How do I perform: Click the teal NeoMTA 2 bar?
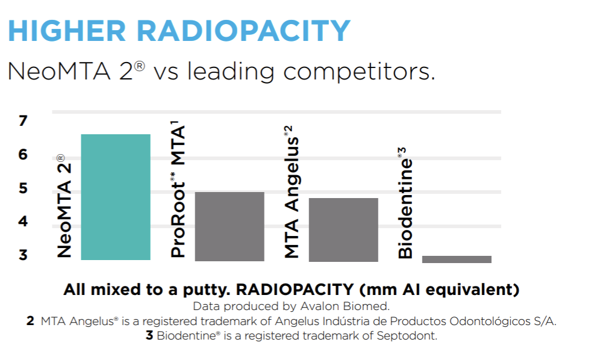click(116, 197)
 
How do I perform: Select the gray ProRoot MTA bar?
click(230, 226)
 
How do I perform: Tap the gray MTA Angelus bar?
click(343, 229)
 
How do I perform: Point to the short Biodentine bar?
click(457, 259)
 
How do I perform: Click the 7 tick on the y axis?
click(23, 121)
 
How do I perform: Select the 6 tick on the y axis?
click(23, 155)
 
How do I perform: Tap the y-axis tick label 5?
click(23, 188)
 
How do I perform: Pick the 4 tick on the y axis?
click(23, 222)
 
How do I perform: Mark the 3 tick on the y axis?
click(23, 255)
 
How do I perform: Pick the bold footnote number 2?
click(30, 321)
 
